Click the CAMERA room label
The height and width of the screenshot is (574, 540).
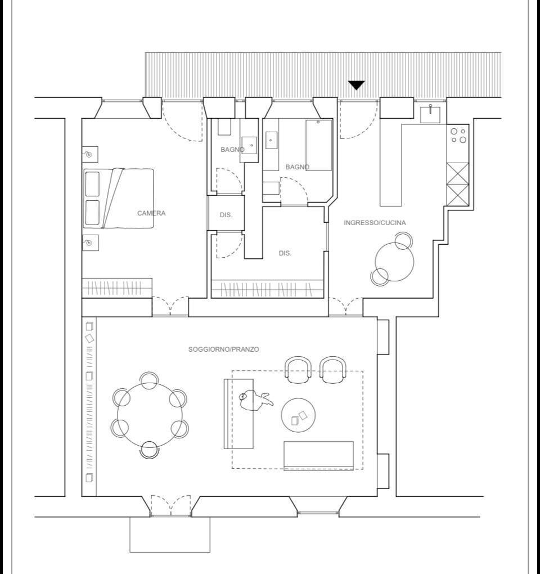pos(151,213)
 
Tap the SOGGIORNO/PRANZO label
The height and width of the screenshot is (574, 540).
pos(223,349)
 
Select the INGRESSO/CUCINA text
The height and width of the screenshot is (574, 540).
pos(375,223)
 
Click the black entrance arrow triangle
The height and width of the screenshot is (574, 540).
pos(356,86)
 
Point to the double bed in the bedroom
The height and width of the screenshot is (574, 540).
pos(118,198)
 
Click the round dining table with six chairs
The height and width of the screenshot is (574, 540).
pos(150,415)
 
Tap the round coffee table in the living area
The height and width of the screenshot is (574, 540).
pos(298,415)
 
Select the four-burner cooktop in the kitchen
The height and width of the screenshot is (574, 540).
pos(458,136)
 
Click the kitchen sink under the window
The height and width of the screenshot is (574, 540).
pos(430,114)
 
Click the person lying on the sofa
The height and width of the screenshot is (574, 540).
pos(255,401)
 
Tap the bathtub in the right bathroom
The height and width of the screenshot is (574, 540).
pos(319,145)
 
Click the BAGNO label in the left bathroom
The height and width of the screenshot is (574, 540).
pos(233,150)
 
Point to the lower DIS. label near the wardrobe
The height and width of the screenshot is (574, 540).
pos(285,253)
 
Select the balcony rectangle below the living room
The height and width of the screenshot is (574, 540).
pos(170,534)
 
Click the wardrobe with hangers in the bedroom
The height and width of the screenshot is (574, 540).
pos(116,288)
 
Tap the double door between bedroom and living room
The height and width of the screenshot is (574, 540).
pos(170,306)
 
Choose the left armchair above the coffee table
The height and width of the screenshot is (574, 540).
pos(298,370)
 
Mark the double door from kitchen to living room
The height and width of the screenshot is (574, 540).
pos(346,306)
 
